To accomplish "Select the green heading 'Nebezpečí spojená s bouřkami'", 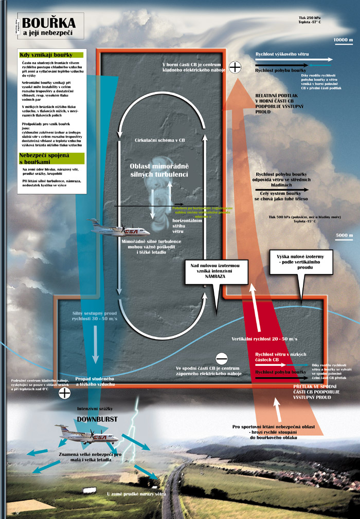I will [43, 158].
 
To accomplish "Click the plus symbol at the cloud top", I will [235, 67].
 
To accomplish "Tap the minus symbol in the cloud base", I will [221, 358].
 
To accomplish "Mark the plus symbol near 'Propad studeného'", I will [64, 393].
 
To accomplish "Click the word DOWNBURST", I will [97, 419].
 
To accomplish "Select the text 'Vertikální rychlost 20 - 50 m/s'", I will [265, 340].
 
